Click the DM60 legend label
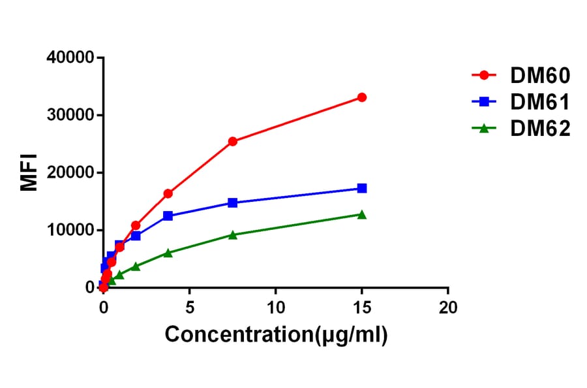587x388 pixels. tap(541, 76)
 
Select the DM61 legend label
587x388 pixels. tap(541, 103)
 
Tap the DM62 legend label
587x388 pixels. tap(541, 129)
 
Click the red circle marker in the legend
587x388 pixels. tap(484, 76)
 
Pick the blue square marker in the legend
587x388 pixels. tap(484, 103)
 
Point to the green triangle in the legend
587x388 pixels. tap(484, 129)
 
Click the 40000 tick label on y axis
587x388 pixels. tap(70, 58)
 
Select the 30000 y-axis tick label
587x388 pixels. tap(70, 116)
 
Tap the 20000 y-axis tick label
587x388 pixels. tap(70, 173)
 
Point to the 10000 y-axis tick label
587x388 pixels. tap(70, 231)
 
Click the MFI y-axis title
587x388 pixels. tap(29, 172)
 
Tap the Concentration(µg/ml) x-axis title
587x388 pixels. tap(276, 335)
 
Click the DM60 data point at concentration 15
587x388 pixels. tap(362, 97)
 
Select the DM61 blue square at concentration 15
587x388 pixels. tap(362, 188)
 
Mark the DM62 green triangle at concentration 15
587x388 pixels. tap(362, 214)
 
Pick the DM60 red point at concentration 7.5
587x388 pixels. tap(233, 141)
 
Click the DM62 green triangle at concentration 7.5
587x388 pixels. tap(233, 234)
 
